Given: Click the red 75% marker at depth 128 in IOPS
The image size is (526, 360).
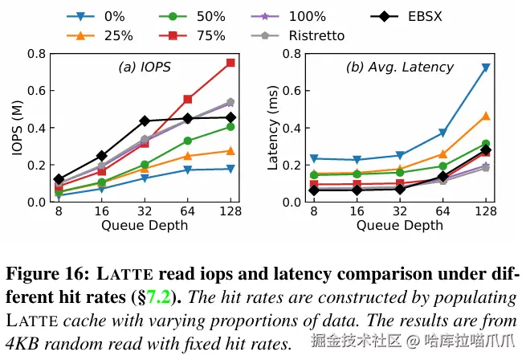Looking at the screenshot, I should tap(230, 63).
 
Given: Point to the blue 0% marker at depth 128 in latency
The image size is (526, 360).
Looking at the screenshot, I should tap(486, 67).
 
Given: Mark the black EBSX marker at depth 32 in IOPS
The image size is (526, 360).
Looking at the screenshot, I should tap(145, 121).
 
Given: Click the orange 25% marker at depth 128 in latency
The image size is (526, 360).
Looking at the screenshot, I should tap(486, 116).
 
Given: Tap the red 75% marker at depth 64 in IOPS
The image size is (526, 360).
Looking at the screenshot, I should tap(188, 99).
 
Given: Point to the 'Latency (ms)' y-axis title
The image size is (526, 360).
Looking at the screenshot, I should tap(273, 128).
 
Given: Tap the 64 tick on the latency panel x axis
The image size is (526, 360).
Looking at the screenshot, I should tap(442, 212).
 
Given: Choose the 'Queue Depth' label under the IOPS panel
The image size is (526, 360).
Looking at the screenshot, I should tap(145, 225).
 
